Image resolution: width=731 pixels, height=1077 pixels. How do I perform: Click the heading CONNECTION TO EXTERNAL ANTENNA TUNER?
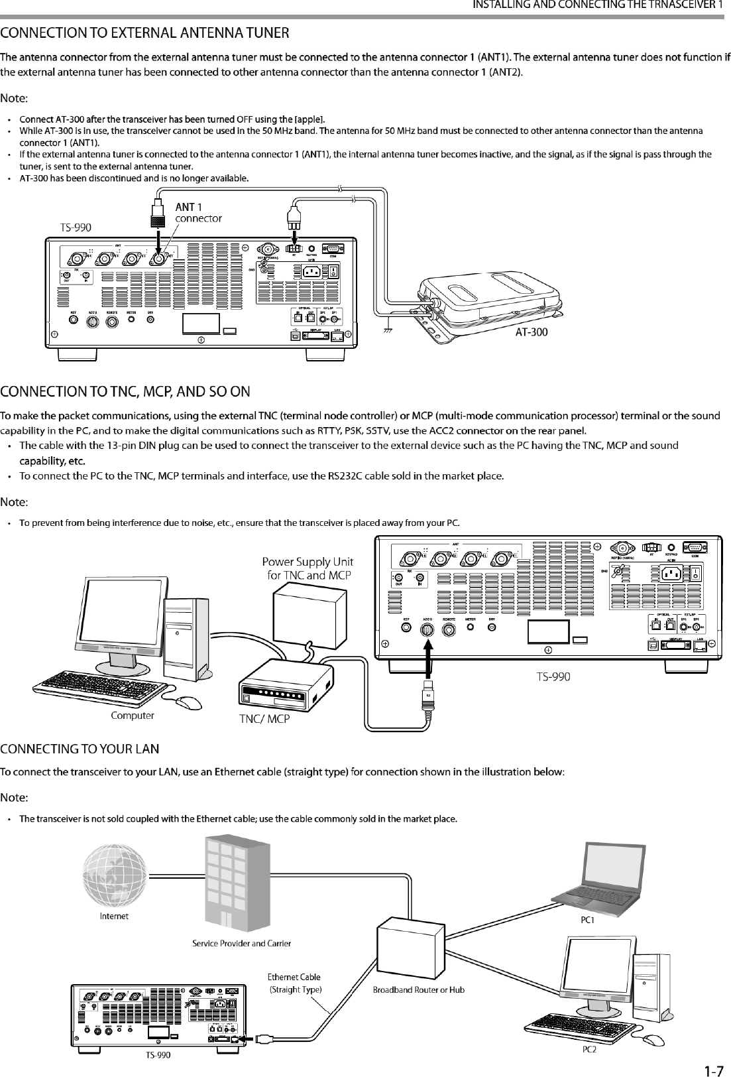tap(145, 32)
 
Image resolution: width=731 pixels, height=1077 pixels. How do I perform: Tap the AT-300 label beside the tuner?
tap(532, 332)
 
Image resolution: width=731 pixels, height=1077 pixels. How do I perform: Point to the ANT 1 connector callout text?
tap(197, 212)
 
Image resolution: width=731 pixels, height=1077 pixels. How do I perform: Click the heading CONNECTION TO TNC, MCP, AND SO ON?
tap(125, 391)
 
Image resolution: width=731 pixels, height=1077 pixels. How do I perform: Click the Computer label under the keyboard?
tap(133, 716)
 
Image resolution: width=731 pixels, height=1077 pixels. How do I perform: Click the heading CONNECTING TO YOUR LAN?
tap(80, 749)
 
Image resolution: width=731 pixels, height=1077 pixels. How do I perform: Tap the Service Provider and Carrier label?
tap(241, 942)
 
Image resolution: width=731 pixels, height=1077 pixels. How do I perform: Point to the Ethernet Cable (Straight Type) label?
tap(294, 983)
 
